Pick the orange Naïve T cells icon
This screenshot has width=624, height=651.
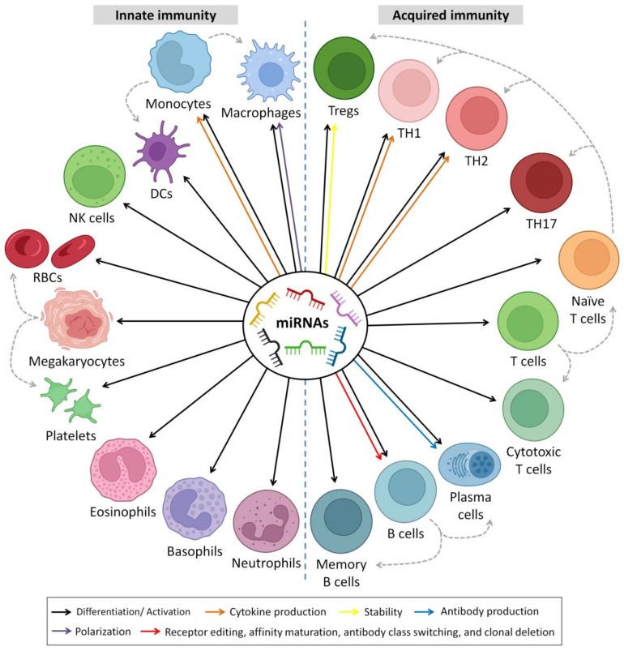point(589,260)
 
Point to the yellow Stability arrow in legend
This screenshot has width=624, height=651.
point(381,610)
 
